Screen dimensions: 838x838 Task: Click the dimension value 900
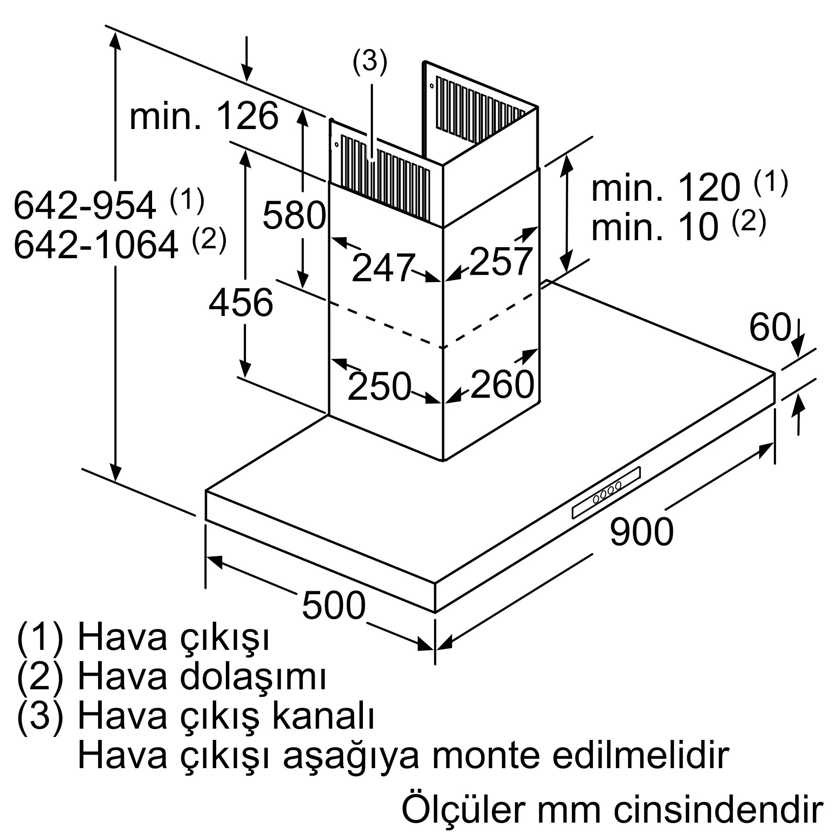(641, 532)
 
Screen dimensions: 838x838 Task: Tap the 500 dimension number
(334, 605)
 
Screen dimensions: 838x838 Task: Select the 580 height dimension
(294, 215)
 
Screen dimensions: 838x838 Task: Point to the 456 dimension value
(241, 303)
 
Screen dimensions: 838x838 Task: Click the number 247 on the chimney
(382, 268)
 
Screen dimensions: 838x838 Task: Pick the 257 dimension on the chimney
(501, 261)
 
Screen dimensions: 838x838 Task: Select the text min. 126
(204, 116)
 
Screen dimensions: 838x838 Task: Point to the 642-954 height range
(85, 206)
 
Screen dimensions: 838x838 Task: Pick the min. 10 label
(655, 227)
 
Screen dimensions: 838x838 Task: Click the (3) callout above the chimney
(370, 61)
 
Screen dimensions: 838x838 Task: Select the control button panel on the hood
(606, 492)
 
